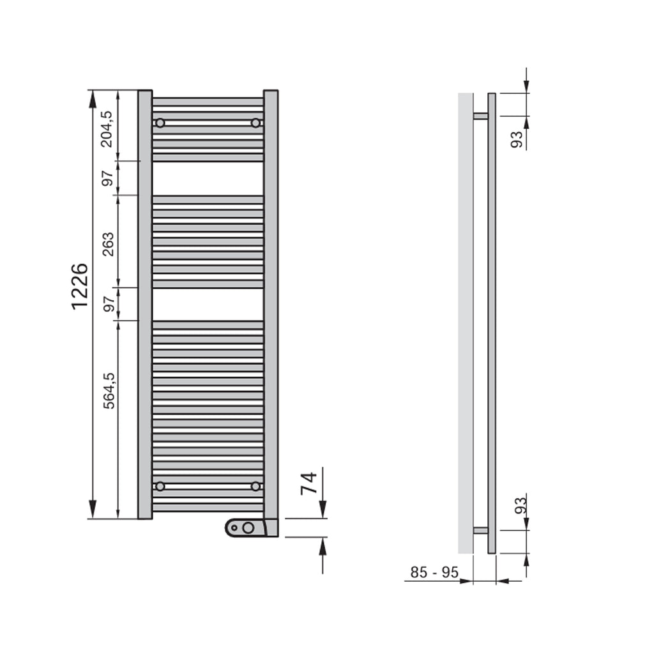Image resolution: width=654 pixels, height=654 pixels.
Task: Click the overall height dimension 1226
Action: (x=80, y=286)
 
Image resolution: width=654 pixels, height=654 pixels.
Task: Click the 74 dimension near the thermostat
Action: (x=309, y=483)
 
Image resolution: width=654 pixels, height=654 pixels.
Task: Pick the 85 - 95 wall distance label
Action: (x=434, y=573)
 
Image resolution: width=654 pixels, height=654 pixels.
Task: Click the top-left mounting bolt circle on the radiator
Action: (x=160, y=123)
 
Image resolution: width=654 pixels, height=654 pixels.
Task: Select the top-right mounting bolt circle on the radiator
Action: (x=255, y=123)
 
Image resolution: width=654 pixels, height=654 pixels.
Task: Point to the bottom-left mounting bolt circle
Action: (x=160, y=486)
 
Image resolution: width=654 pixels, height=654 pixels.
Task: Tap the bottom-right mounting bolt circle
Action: (x=255, y=486)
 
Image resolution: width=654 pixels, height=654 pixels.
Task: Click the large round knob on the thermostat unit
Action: (x=248, y=528)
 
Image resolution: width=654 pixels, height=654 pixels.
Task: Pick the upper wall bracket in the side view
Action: (x=480, y=116)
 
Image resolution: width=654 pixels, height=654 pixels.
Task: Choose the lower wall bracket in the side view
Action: (x=480, y=530)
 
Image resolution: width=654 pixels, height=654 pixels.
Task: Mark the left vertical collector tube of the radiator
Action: (x=145, y=304)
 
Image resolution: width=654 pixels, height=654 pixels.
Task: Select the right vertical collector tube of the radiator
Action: (x=271, y=304)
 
